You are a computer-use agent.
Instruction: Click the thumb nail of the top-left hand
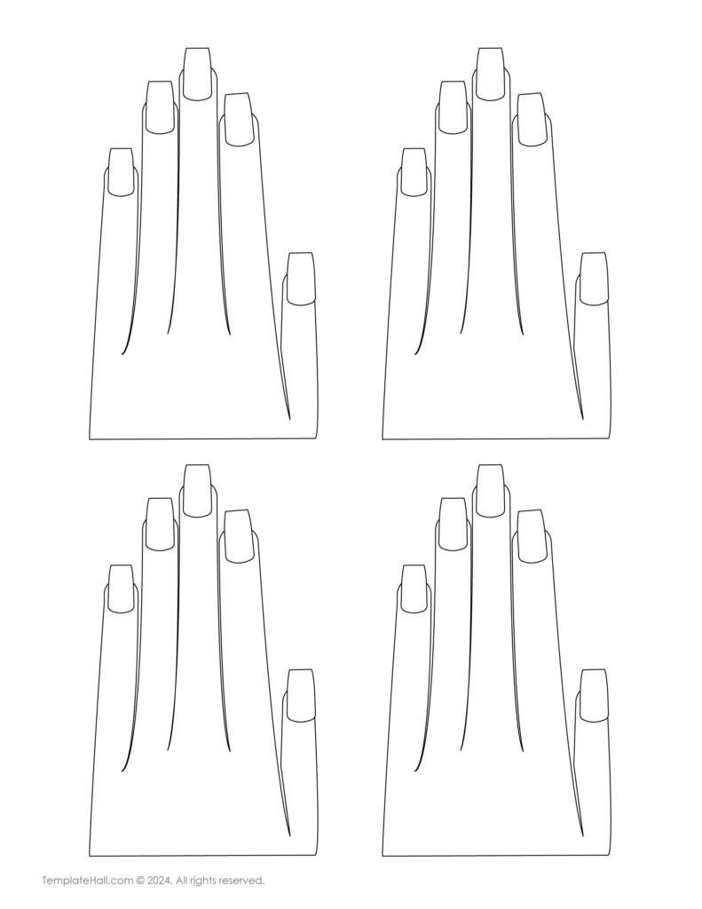(x=300, y=279)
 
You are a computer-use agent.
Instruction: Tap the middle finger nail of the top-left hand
(x=198, y=75)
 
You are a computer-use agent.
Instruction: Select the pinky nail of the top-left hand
(x=122, y=172)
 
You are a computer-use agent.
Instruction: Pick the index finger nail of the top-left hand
(x=238, y=120)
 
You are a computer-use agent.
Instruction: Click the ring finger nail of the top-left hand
(x=160, y=107)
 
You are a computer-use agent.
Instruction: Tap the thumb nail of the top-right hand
(x=593, y=279)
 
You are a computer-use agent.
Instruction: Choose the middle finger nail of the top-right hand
(x=491, y=75)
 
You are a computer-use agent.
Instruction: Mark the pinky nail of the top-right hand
(x=414, y=172)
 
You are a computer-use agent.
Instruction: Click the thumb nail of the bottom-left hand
(x=300, y=696)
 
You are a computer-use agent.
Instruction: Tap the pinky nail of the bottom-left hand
(x=122, y=589)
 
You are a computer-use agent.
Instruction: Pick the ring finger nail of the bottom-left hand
(x=160, y=524)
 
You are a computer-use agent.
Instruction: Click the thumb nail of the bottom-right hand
(x=593, y=696)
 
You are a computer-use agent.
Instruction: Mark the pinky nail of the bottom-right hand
(x=414, y=589)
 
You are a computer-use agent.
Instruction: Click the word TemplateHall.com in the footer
(x=87, y=881)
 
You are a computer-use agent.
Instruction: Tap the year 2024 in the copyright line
(x=159, y=881)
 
